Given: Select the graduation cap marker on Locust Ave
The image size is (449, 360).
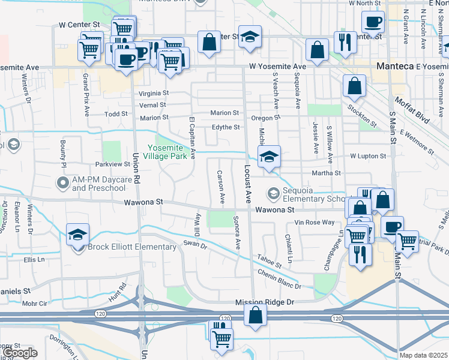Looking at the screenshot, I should tap(270, 158).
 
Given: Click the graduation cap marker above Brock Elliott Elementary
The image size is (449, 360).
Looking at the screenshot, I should tap(77, 235).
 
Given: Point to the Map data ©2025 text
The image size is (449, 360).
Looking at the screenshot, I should tap(423, 355).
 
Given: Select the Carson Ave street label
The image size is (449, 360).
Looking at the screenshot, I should tap(221, 187).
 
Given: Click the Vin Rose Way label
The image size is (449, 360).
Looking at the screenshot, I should tap(314, 223).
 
